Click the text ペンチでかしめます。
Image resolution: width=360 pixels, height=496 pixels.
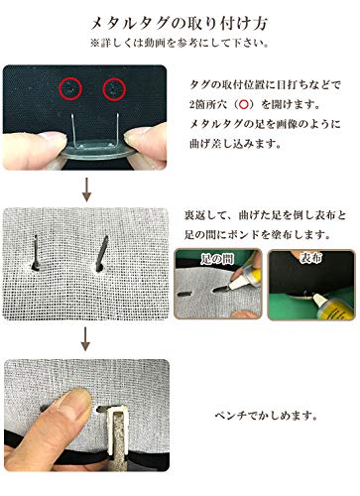[x=263, y=418]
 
